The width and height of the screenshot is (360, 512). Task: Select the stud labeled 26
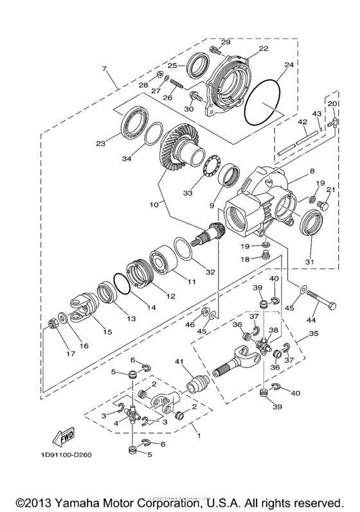click(x=177, y=82)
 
